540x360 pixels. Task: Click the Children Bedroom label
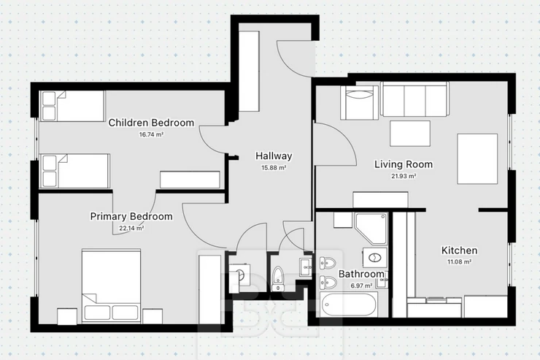tap(151, 123)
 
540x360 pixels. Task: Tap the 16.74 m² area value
tap(151, 134)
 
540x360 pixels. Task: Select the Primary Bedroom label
tap(131, 216)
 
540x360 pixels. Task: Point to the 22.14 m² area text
tap(131, 228)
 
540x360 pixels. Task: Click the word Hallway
tap(274, 156)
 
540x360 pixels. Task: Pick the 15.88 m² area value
tap(274, 168)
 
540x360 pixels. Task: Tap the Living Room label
tap(404, 164)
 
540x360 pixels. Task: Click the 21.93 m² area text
tap(404, 176)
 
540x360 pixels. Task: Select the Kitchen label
tap(460, 250)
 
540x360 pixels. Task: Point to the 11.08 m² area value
tap(460, 262)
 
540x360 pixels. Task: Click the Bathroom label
tap(361, 275)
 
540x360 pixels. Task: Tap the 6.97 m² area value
tap(361, 286)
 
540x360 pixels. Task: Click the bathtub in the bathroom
tap(349, 305)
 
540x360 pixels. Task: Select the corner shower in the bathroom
tap(371, 229)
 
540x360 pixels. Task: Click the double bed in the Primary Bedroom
tap(111, 286)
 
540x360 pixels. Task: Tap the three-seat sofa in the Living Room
tap(414, 99)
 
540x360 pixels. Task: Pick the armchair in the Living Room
tap(359, 103)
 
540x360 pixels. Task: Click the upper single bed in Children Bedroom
tap(73, 106)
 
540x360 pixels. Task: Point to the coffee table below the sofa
tap(410, 134)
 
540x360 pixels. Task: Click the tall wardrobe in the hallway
tap(249, 71)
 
